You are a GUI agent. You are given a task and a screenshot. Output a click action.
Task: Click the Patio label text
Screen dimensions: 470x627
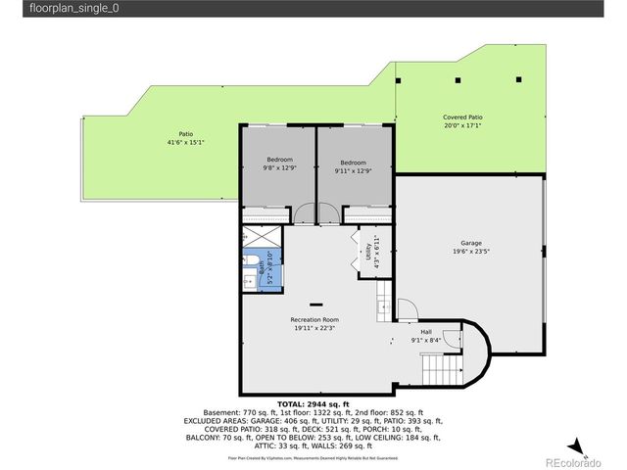[185, 134]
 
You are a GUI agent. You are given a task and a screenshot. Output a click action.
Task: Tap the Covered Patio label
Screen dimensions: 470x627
[462, 117]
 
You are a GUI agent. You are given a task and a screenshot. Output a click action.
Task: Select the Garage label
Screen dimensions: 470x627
[471, 243]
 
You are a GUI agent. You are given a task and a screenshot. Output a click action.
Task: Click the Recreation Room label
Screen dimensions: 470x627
[314, 320]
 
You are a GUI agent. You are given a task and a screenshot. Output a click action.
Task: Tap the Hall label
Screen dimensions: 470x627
[426, 332]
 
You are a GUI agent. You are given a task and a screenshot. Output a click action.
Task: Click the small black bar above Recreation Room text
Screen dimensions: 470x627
[315, 304]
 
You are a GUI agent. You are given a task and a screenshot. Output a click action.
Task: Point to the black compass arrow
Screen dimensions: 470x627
[580, 446]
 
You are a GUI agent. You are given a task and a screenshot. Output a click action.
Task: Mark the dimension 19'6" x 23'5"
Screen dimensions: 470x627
[471, 252]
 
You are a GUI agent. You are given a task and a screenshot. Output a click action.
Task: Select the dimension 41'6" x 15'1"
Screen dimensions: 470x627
[185, 143]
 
